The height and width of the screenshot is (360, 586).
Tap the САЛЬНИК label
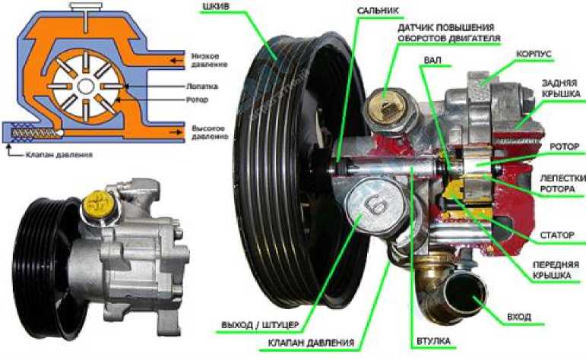[378, 11]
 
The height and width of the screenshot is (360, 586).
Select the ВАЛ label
[432, 60]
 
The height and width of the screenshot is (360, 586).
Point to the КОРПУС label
[534, 54]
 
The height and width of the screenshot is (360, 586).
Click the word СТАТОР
[557, 235]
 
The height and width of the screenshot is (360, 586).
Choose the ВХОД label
[519, 317]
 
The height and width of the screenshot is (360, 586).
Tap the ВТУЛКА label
[433, 340]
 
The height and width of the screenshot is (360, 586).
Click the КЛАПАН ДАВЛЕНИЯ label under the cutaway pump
[311, 343]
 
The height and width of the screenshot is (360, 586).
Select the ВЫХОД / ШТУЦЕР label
[260, 325]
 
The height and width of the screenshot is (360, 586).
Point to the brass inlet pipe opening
[466, 292]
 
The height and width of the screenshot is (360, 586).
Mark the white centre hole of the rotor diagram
[86, 87]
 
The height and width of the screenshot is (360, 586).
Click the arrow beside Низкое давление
[176, 60]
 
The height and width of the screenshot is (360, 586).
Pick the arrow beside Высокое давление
[176, 132]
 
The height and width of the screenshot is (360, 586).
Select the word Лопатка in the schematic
[202, 87]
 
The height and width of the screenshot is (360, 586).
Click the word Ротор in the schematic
[198, 99]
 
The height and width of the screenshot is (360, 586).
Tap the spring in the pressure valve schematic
[33, 133]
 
